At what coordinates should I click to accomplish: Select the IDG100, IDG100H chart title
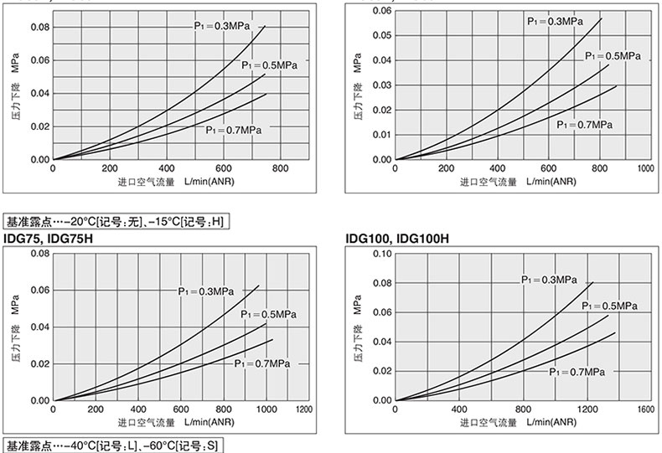[x=398, y=239]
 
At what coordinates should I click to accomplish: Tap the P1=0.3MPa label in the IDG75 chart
[x=205, y=291]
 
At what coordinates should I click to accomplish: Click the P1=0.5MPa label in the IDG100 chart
[x=609, y=306]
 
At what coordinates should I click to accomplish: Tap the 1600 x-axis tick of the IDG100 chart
[x=645, y=409]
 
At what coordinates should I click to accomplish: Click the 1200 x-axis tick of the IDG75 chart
[x=303, y=409]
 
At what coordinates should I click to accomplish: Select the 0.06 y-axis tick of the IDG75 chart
[x=40, y=290]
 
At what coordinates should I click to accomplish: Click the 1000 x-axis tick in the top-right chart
[x=645, y=168]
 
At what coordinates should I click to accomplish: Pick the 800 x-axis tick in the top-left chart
[x=281, y=168]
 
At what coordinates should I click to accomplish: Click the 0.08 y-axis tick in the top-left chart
[x=40, y=27]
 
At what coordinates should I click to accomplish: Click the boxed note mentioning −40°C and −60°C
[x=113, y=445]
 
